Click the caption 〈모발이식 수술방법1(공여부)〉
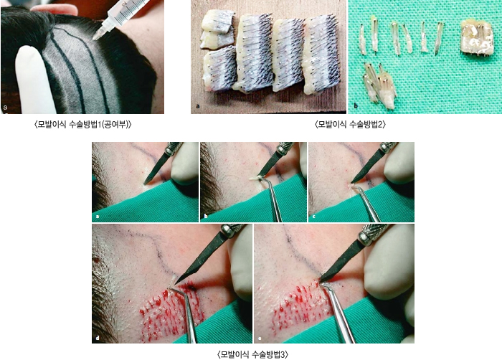click(x=83, y=124)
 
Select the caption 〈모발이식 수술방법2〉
click(x=351, y=124)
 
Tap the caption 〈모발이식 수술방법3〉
click(x=253, y=354)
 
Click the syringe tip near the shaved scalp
click(x=96, y=37)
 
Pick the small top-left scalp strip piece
click(x=218, y=21)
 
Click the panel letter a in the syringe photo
click(x=5, y=108)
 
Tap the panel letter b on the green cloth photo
click(x=356, y=105)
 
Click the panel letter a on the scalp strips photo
click(x=198, y=105)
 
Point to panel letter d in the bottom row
click(x=98, y=338)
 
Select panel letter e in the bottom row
click(x=260, y=338)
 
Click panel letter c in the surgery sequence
click(x=314, y=217)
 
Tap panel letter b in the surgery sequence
click(x=206, y=217)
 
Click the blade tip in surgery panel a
click(x=145, y=184)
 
